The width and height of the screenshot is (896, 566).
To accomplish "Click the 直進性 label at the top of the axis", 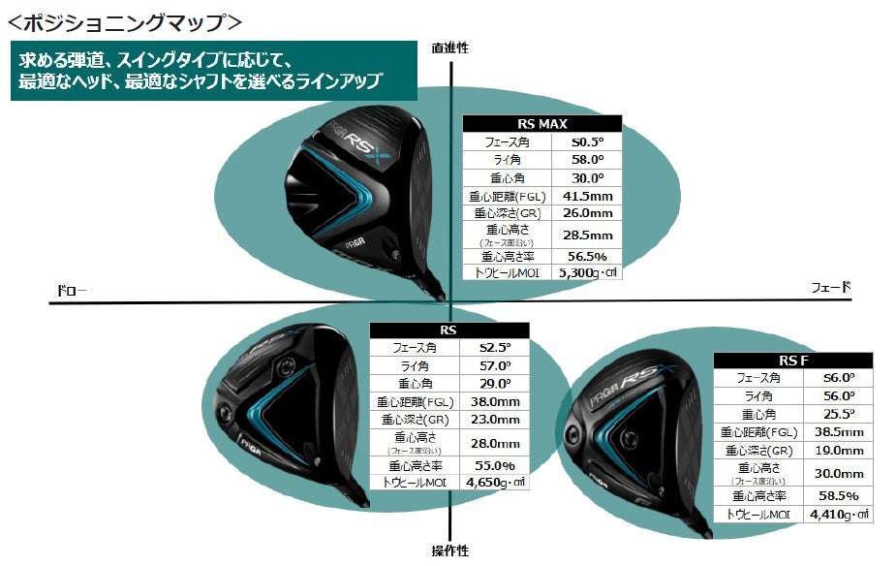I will [x=449, y=47].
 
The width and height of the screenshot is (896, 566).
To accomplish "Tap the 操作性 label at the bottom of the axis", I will [x=449, y=550].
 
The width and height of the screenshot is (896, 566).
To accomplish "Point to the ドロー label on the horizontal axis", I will [x=71, y=290].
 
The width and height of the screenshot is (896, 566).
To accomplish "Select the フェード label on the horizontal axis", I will [x=830, y=287].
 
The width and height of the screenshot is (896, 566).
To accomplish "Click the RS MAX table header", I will [x=542, y=124].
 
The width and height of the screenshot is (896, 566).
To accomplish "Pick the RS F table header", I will [x=792, y=361].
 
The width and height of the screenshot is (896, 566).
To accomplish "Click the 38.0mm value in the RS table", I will [x=495, y=401].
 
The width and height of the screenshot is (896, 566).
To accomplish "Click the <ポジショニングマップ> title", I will [x=125, y=19].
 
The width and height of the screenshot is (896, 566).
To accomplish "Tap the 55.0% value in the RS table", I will [x=495, y=464].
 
